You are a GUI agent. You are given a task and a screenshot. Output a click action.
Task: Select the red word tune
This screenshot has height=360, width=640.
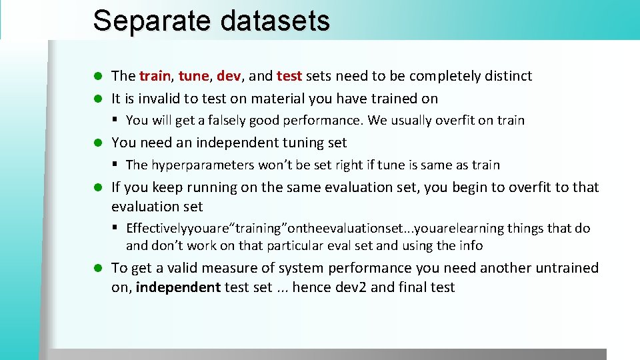pos(193,76)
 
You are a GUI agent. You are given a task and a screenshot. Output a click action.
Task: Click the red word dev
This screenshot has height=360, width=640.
pos(229,76)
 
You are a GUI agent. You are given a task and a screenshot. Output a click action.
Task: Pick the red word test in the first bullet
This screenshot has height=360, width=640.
pos(289,76)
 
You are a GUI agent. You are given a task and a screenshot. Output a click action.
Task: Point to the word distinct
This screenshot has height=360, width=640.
pos(509,76)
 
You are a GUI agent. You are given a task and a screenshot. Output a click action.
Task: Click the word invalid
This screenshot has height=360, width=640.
pos(157,99)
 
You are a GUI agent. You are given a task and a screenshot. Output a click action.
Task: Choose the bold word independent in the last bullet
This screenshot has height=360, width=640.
pos(178,288)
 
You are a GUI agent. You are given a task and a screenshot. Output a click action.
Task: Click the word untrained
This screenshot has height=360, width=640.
pos(567,268)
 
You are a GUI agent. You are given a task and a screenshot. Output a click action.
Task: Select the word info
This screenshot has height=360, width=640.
pos(471,246)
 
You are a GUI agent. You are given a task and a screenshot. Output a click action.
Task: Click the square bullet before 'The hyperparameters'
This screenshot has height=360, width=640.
pos(115,165)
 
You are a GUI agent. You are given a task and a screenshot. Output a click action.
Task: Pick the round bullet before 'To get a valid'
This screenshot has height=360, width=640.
pos(97,269)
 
